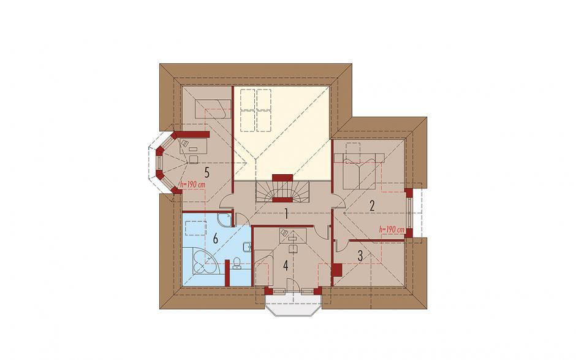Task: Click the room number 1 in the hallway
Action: pos(286,213)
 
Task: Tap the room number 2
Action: pos(372,206)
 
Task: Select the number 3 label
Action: pos(360,256)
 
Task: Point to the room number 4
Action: pos(286,266)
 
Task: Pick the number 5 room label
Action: pos(207,172)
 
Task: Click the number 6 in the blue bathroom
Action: pos(216,239)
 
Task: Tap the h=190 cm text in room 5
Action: pos(192,185)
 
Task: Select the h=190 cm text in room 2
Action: pos(392,230)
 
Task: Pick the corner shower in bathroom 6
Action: pos(224,219)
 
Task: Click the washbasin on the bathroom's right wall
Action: pos(248,247)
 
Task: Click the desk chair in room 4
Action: pos(292,248)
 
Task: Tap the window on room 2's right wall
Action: pos(410,213)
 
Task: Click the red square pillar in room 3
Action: pos(337,270)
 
